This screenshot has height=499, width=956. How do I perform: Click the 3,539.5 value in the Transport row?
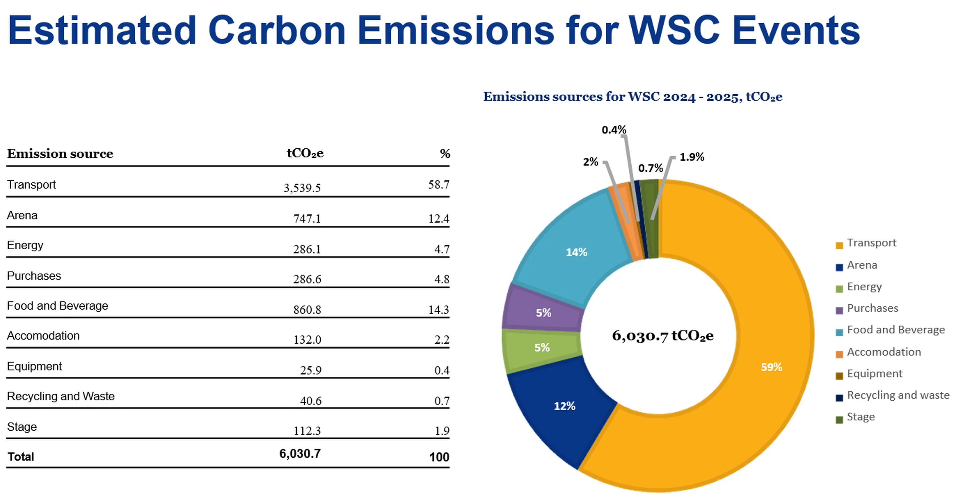[x=302, y=188]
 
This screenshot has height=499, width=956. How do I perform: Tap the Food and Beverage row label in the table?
[x=57, y=305]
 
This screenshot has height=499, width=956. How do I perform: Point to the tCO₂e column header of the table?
[x=305, y=153]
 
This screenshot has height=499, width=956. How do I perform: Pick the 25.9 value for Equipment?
[x=311, y=370]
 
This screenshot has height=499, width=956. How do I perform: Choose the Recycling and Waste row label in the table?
[x=61, y=396]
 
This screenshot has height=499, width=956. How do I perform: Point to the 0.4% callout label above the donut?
[x=614, y=129]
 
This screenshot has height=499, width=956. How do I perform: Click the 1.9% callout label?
[x=692, y=157]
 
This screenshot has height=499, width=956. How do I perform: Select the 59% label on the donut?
[x=771, y=367]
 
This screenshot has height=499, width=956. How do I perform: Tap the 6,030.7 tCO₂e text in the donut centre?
[x=663, y=335]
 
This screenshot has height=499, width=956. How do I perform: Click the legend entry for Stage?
[x=861, y=417]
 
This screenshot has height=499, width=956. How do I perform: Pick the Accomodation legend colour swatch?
[x=839, y=354]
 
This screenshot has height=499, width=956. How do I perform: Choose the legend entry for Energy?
[x=864, y=287]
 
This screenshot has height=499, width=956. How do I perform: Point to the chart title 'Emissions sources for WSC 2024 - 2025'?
[x=632, y=97]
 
